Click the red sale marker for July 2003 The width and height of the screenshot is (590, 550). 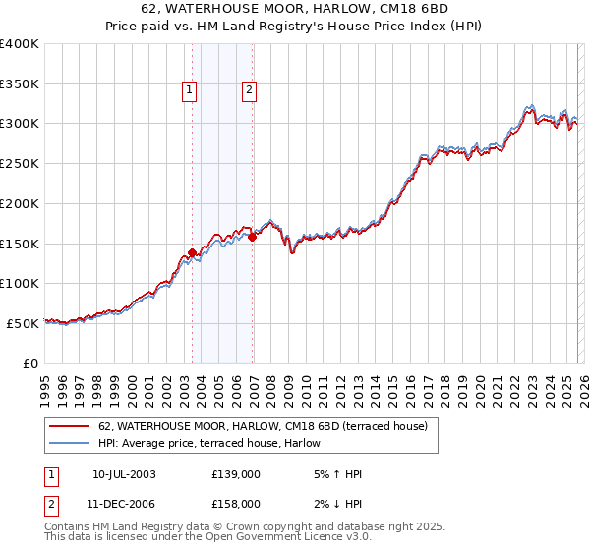193,252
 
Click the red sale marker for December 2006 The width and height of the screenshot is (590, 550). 253,237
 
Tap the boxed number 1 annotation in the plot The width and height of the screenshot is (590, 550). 188,91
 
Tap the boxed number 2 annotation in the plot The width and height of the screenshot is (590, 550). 249,91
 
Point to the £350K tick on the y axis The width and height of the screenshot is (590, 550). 20,84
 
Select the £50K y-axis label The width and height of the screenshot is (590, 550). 23,323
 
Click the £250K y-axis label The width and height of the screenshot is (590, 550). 20,164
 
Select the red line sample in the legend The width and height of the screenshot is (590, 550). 71,426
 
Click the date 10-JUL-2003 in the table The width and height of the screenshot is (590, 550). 124,474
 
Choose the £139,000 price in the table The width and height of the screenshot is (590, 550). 236,474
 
